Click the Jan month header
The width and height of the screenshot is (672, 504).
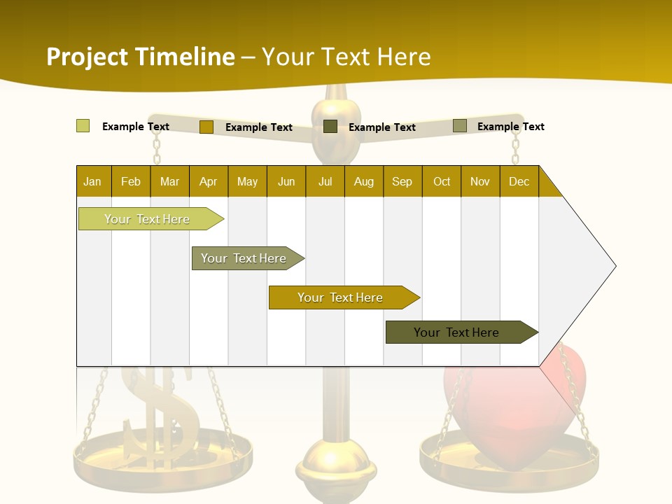(x=92, y=181)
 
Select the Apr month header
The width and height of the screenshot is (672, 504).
(x=208, y=181)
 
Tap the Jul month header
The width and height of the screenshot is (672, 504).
(x=325, y=181)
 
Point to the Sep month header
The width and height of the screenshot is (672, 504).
(x=402, y=181)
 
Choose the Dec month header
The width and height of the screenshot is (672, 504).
(x=519, y=181)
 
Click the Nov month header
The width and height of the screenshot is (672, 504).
(x=479, y=181)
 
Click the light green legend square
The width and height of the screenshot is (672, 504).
(x=83, y=126)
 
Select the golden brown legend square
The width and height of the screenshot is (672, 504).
(x=206, y=127)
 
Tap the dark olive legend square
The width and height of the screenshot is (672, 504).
(x=330, y=127)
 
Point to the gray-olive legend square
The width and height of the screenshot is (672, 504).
(x=459, y=126)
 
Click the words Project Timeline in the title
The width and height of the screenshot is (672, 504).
(x=140, y=57)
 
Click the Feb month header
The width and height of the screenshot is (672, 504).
(x=131, y=181)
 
